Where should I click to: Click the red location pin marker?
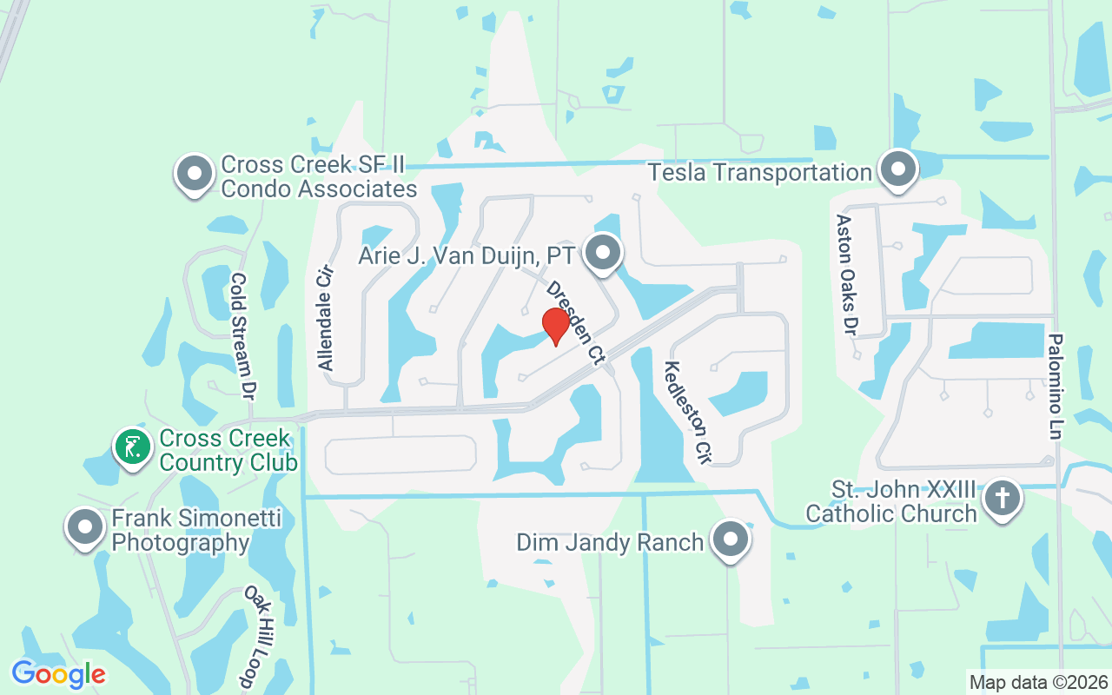555,327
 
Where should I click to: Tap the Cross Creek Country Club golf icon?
132,448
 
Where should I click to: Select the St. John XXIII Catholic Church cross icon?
1003,499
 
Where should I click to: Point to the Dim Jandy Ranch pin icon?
730,540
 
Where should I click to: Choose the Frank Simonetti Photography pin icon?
85,527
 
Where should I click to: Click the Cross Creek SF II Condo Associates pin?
195,174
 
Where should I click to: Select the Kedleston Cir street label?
687,412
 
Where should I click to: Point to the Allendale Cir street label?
326,317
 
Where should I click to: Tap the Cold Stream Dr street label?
241,335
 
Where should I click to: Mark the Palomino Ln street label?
1056,386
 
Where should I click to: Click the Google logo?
58,673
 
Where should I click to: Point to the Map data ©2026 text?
1038,682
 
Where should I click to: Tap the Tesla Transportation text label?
760,172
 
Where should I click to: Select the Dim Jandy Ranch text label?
610,543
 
